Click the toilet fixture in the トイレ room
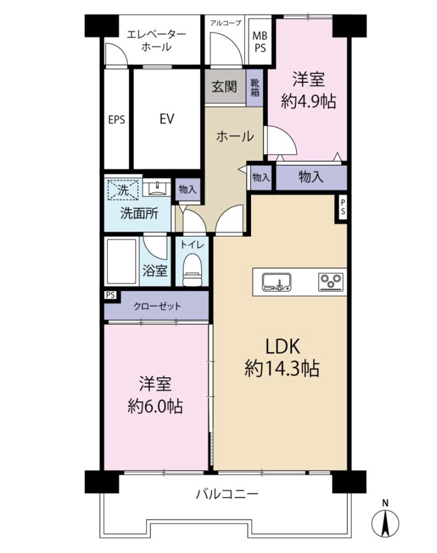[x=192, y=270]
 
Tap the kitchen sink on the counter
[x=277, y=282]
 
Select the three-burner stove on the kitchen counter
[x=331, y=282]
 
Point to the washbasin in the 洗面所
[x=156, y=188]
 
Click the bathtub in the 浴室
[x=122, y=262]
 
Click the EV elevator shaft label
[x=167, y=119]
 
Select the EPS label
[x=117, y=120]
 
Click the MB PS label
[x=260, y=42]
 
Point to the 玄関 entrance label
[x=224, y=86]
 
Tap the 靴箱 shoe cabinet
[x=255, y=88]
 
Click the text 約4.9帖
[x=308, y=101]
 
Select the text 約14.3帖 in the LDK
[x=282, y=369]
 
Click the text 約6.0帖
[x=155, y=406]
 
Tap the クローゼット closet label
[x=157, y=306]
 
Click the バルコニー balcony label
[x=227, y=494]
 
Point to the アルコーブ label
[x=225, y=23]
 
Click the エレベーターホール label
[x=156, y=41]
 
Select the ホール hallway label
[x=235, y=136]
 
